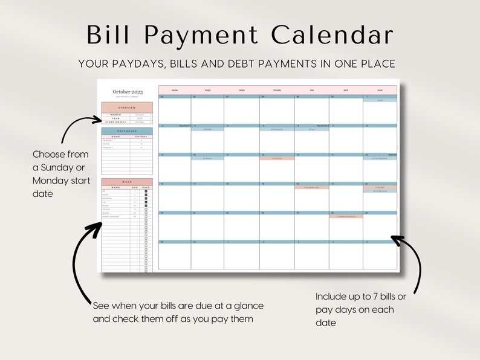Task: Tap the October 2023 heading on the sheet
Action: click(x=127, y=92)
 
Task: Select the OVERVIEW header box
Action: click(x=127, y=107)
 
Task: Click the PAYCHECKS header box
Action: click(x=127, y=130)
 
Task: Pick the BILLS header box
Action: click(x=127, y=181)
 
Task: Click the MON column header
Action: click(x=175, y=90)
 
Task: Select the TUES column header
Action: click(x=207, y=90)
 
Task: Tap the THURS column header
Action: click(x=277, y=90)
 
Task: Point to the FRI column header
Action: click(x=312, y=90)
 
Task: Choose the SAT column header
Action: click(x=346, y=90)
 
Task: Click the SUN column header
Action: click(x=380, y=90)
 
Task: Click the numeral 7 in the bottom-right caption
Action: click(x=376, y=297)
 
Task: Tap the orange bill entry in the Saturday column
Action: click(x=346, y=216)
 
